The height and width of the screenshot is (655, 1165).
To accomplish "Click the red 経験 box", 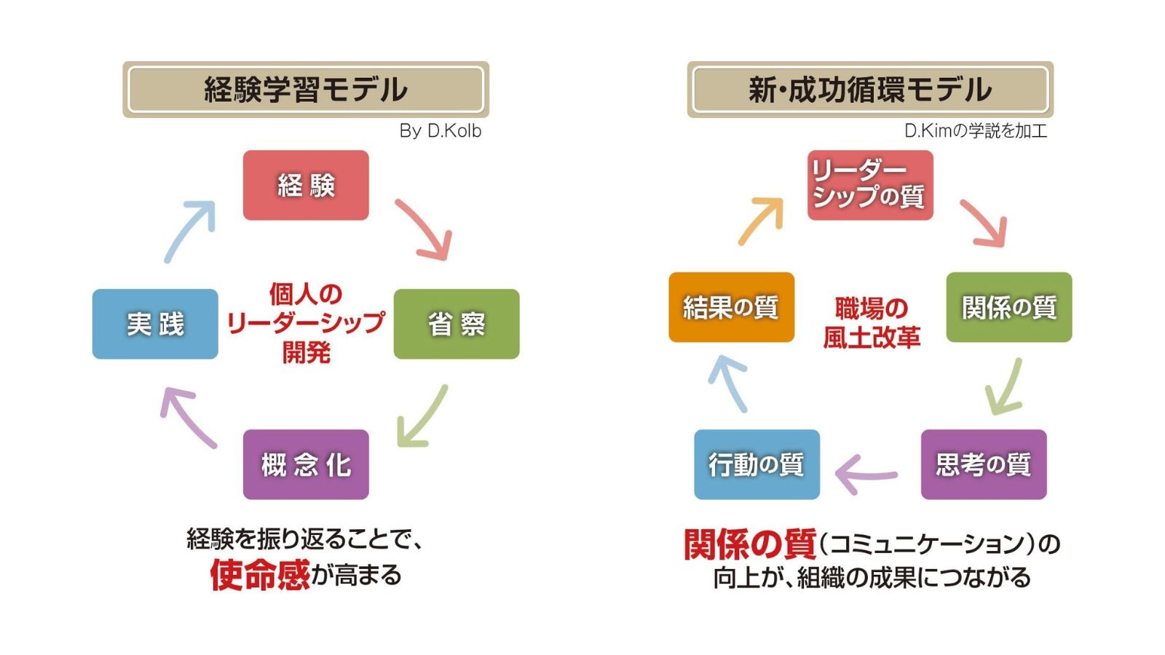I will [306, 186].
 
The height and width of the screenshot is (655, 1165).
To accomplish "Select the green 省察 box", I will [457, 324].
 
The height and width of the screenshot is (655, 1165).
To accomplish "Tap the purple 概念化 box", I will [306, 464].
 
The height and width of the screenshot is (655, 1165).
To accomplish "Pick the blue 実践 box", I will [155, 324].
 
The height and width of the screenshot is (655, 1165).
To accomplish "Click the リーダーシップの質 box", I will [870, 185].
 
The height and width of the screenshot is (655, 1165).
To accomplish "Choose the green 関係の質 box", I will [1009, 307].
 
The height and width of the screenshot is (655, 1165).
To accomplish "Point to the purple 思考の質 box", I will [984, 464].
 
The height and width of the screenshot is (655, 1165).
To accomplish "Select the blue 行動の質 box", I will [757, 464].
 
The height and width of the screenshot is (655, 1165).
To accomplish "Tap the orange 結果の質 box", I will [731, 307].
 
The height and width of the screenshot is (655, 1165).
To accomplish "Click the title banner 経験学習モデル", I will [306, 90].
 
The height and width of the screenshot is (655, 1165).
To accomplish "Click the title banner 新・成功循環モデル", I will [870, 90].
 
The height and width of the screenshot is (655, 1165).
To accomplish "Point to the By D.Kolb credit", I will [440, 131].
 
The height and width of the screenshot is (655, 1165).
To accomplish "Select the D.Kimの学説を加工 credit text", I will [975, 131].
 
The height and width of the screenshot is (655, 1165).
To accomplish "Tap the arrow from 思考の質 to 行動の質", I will [866, 475].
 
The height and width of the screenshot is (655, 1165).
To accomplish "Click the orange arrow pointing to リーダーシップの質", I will [762, 220].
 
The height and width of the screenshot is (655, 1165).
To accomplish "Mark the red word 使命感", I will [260, 575].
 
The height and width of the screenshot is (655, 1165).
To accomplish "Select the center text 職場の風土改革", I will [871, 322].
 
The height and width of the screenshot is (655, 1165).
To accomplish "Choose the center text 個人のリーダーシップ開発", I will [306, 323].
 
